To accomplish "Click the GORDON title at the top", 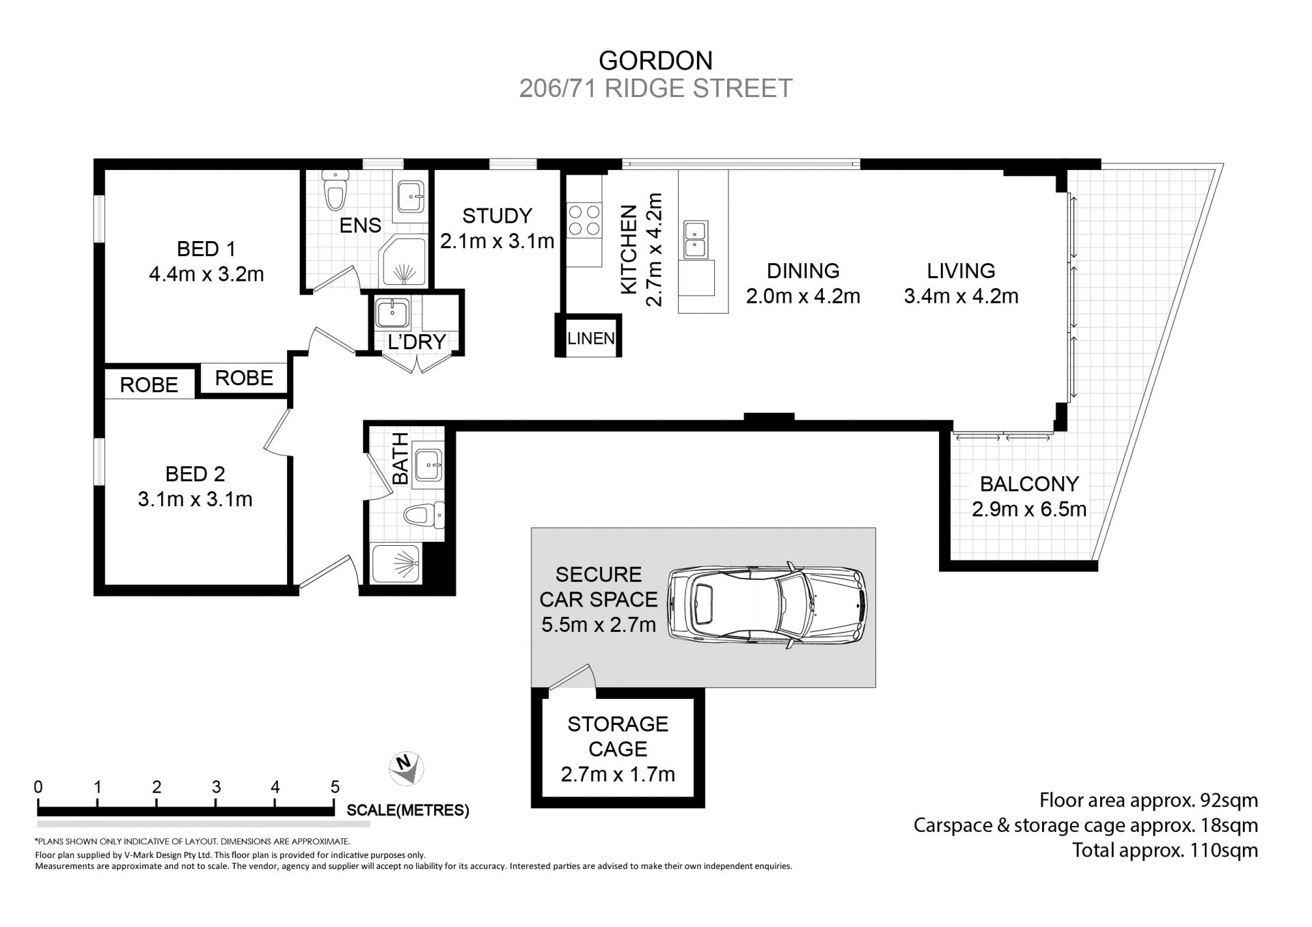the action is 655,61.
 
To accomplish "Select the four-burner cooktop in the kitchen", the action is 584,220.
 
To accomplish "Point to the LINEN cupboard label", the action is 591,338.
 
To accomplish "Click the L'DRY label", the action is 417,342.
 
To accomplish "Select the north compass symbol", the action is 407,769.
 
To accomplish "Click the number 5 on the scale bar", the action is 335,787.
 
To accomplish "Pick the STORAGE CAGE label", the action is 618,736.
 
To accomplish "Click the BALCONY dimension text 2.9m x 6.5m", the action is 1029,509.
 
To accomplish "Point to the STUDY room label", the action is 497,216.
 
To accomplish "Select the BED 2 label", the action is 195,474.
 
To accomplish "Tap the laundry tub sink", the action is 393,314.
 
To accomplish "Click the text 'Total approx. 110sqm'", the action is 1165,850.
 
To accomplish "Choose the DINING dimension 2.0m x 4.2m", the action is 803,296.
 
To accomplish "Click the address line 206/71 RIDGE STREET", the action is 655,89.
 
